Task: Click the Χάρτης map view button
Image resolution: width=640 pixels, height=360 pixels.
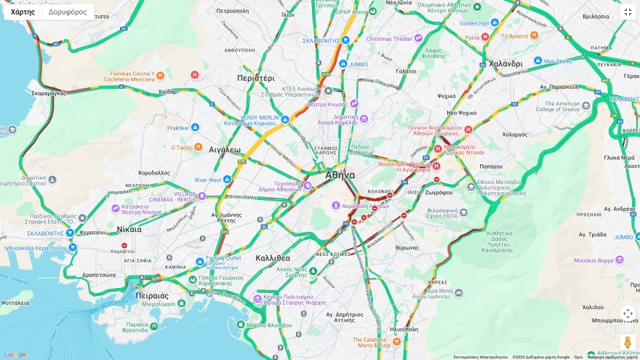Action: click(23, 12)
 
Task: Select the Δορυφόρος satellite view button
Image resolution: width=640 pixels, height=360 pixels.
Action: click(68, 12)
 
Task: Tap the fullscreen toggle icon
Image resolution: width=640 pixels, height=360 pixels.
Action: click(628, 12)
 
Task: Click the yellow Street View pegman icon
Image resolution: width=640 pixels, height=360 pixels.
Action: click(628, 341)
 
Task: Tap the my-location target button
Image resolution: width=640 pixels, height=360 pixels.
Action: click(628, 313)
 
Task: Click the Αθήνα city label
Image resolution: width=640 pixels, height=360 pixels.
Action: click(340, 175)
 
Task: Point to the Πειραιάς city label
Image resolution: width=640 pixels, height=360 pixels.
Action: click(152, 296)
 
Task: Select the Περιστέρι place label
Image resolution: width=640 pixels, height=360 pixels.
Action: click(255, 78)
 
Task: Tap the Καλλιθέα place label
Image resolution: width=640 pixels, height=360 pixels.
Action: click(273, 258)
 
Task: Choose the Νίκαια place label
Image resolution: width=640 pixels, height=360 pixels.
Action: click(129, 229)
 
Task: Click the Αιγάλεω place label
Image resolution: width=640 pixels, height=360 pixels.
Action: click(224, 150)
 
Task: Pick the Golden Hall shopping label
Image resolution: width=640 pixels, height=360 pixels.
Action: click(474, 23)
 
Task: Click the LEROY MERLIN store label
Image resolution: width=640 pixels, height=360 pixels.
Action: click(260, 117)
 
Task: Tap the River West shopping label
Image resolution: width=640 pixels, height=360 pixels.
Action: click(208, 180)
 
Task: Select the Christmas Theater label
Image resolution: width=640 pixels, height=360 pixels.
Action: click(389, 39)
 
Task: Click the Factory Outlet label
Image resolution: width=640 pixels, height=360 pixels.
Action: click(223, 258)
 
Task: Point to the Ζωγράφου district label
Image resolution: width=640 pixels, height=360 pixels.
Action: click(439, 193)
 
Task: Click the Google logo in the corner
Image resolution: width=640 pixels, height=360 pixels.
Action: click(15, 354)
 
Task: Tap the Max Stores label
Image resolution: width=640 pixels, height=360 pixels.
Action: click(558, 61)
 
